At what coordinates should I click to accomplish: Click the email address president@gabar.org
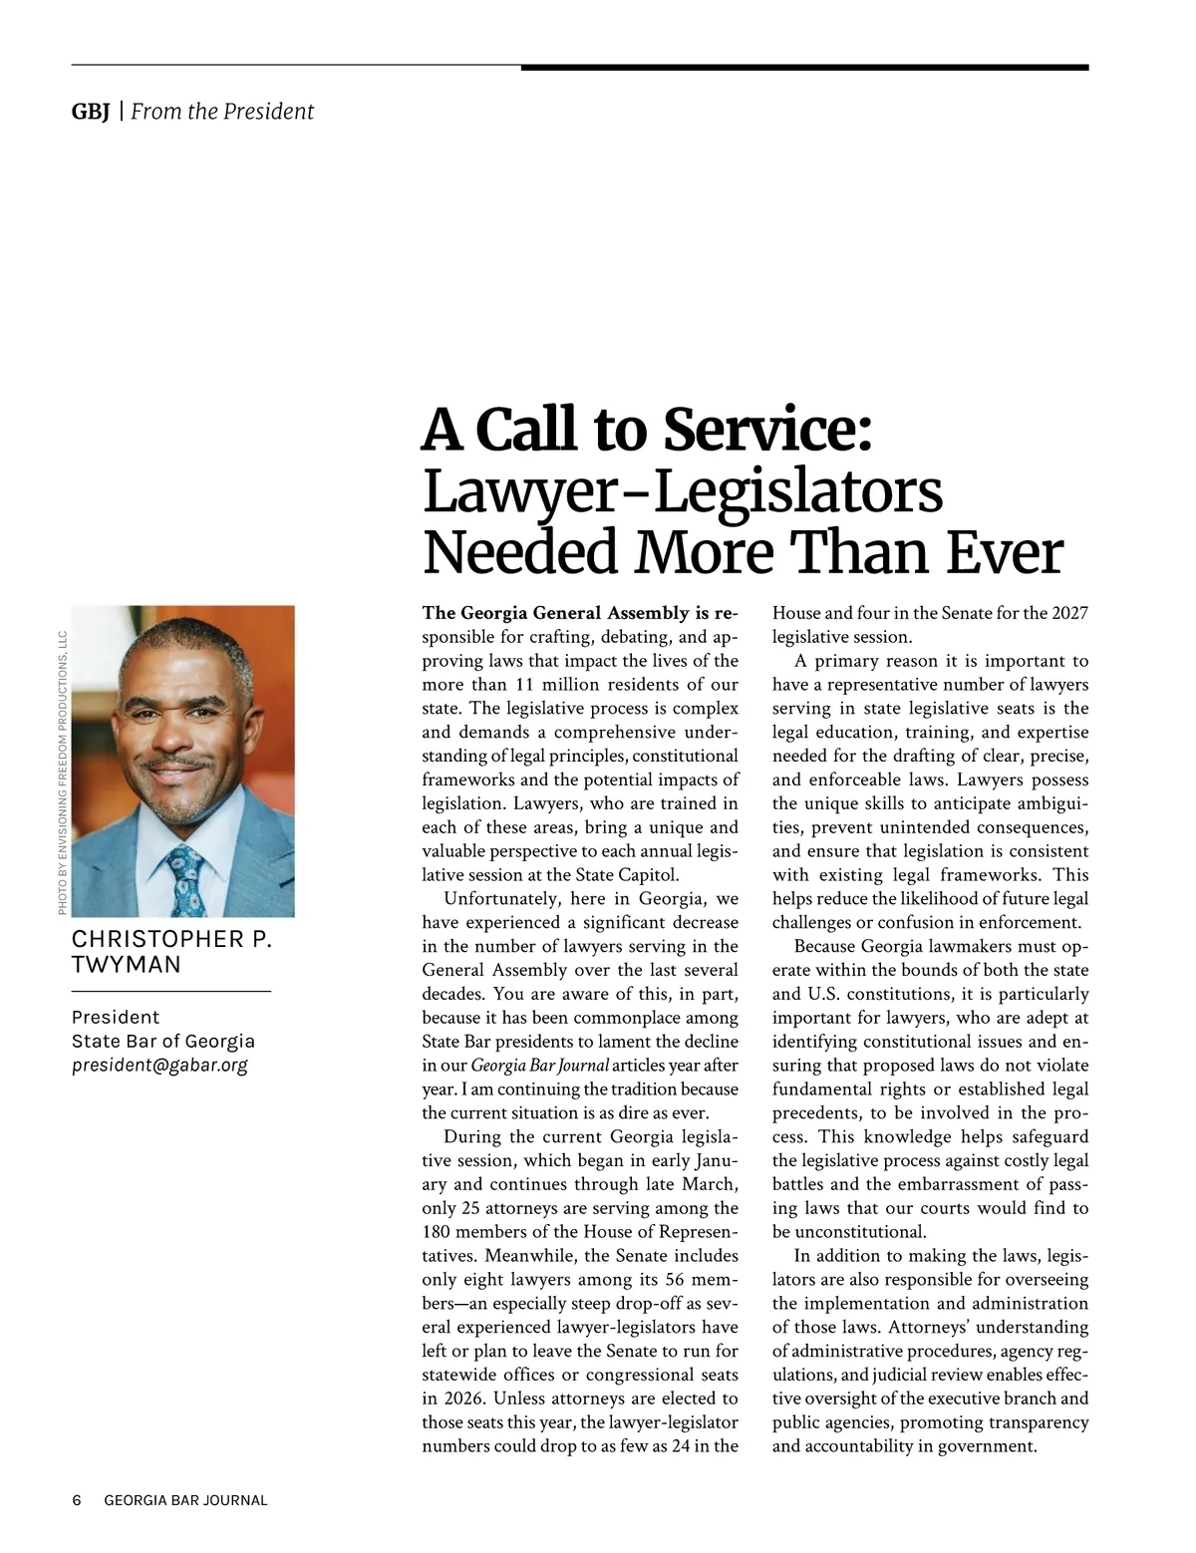tap(159, 1065)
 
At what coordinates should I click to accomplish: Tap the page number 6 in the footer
tap(77, 1500)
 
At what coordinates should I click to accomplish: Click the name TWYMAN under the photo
tap(127, 965)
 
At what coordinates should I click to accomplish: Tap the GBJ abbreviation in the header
tap(91, 112)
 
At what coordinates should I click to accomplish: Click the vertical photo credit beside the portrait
tap(62, 774)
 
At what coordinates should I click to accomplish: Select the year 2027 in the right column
tap(1069, 613)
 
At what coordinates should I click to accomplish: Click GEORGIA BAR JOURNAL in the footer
tap(186, 1500)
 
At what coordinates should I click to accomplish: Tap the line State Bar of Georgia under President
tap(163, 1041)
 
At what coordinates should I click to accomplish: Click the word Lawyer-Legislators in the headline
tap(683, 491)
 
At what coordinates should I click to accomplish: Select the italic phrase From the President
tap(222, 112)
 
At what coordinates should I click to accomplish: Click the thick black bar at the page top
tap(804, 68)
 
